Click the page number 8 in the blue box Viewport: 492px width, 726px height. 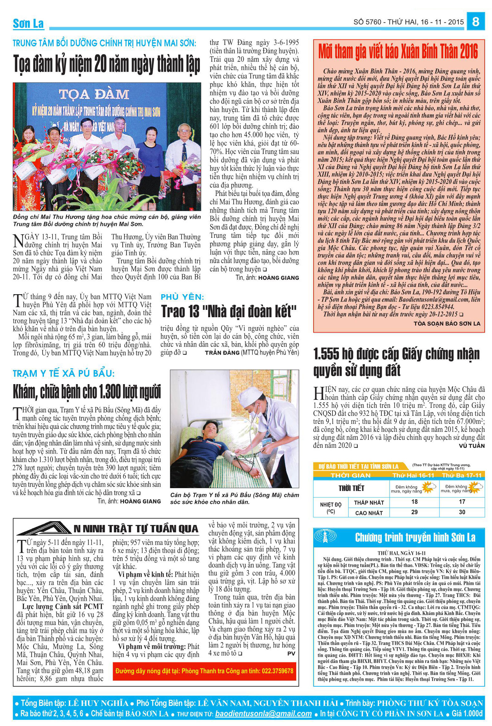(476, 22)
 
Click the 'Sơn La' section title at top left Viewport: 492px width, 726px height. (28, 23)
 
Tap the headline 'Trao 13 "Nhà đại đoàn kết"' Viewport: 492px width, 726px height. (229, 311)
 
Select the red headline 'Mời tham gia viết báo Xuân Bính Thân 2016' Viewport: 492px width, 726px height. (398, 52)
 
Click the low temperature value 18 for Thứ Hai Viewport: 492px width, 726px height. (414, 502)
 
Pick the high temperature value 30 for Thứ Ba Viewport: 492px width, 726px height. (462, 512)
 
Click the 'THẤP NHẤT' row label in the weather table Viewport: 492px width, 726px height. (368, 503)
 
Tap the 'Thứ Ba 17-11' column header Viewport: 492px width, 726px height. (462, 475)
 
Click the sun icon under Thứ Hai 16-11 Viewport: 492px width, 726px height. (429, 488)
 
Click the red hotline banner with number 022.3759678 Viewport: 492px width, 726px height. (204, 671)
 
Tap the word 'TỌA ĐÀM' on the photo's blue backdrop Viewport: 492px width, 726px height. (94, 94)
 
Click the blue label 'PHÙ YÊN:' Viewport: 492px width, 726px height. (182, 297)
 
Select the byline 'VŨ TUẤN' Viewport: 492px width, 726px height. (471, 446)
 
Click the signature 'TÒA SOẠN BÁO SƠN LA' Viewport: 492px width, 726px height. (447, 324)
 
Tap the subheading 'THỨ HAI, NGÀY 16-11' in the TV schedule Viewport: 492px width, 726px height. (401, 553)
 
